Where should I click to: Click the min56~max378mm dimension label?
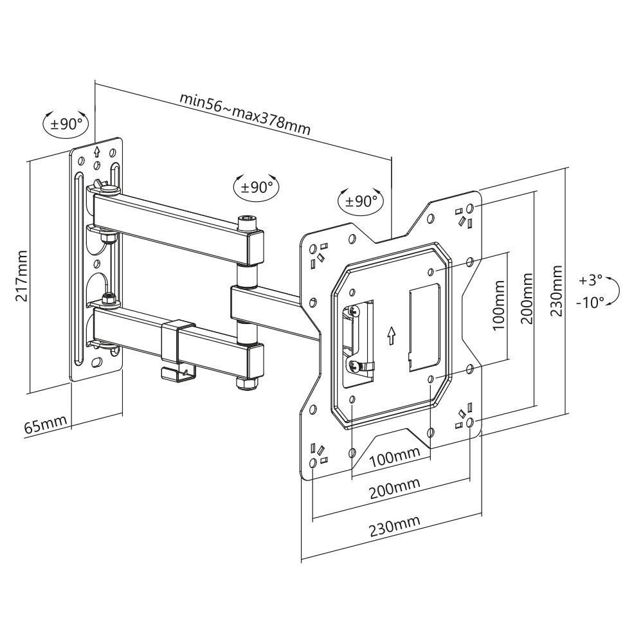pos(244,113)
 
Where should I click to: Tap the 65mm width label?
pos(45,424)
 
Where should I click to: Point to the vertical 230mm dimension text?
pos(557,289)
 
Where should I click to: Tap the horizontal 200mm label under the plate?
pos(394,489)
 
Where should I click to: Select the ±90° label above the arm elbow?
pos(257,187)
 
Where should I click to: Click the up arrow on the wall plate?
pos(97,152)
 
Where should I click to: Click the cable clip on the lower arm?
pos(177,350)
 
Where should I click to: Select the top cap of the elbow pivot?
pos(246,222)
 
